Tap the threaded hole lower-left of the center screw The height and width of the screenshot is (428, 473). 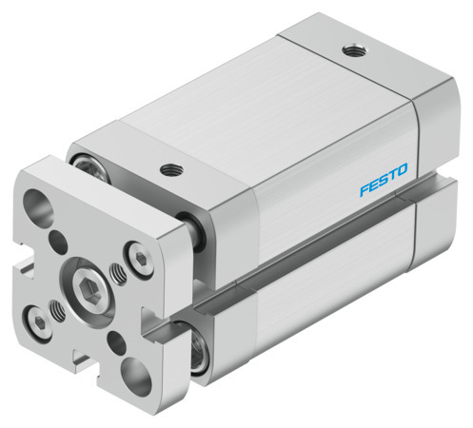(x=59, y=309)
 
